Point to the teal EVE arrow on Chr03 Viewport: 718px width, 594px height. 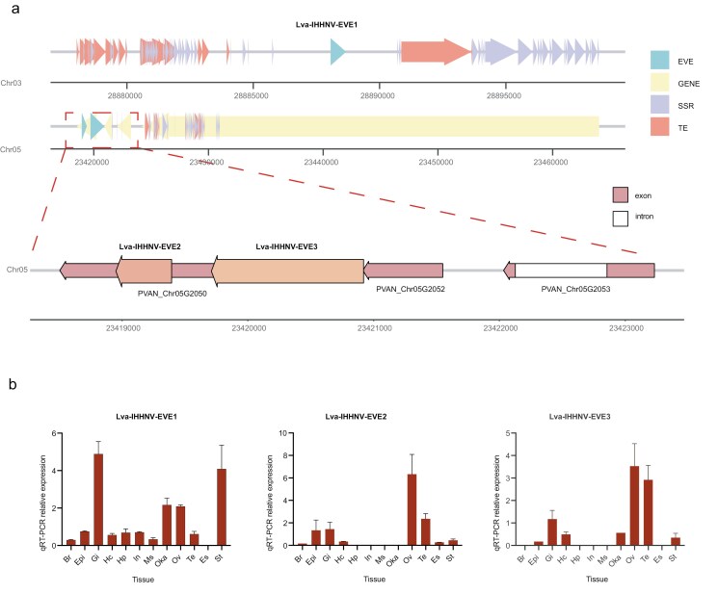pyautogui.click(x=337, y=52)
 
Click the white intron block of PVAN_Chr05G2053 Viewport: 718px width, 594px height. pyautogui.click(x=561, y=271)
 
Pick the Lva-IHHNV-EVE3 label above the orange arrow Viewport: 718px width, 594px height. pyautogui.click(x=287, y=246)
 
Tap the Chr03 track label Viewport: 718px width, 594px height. pyautogui.click(x=13, y=83)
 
